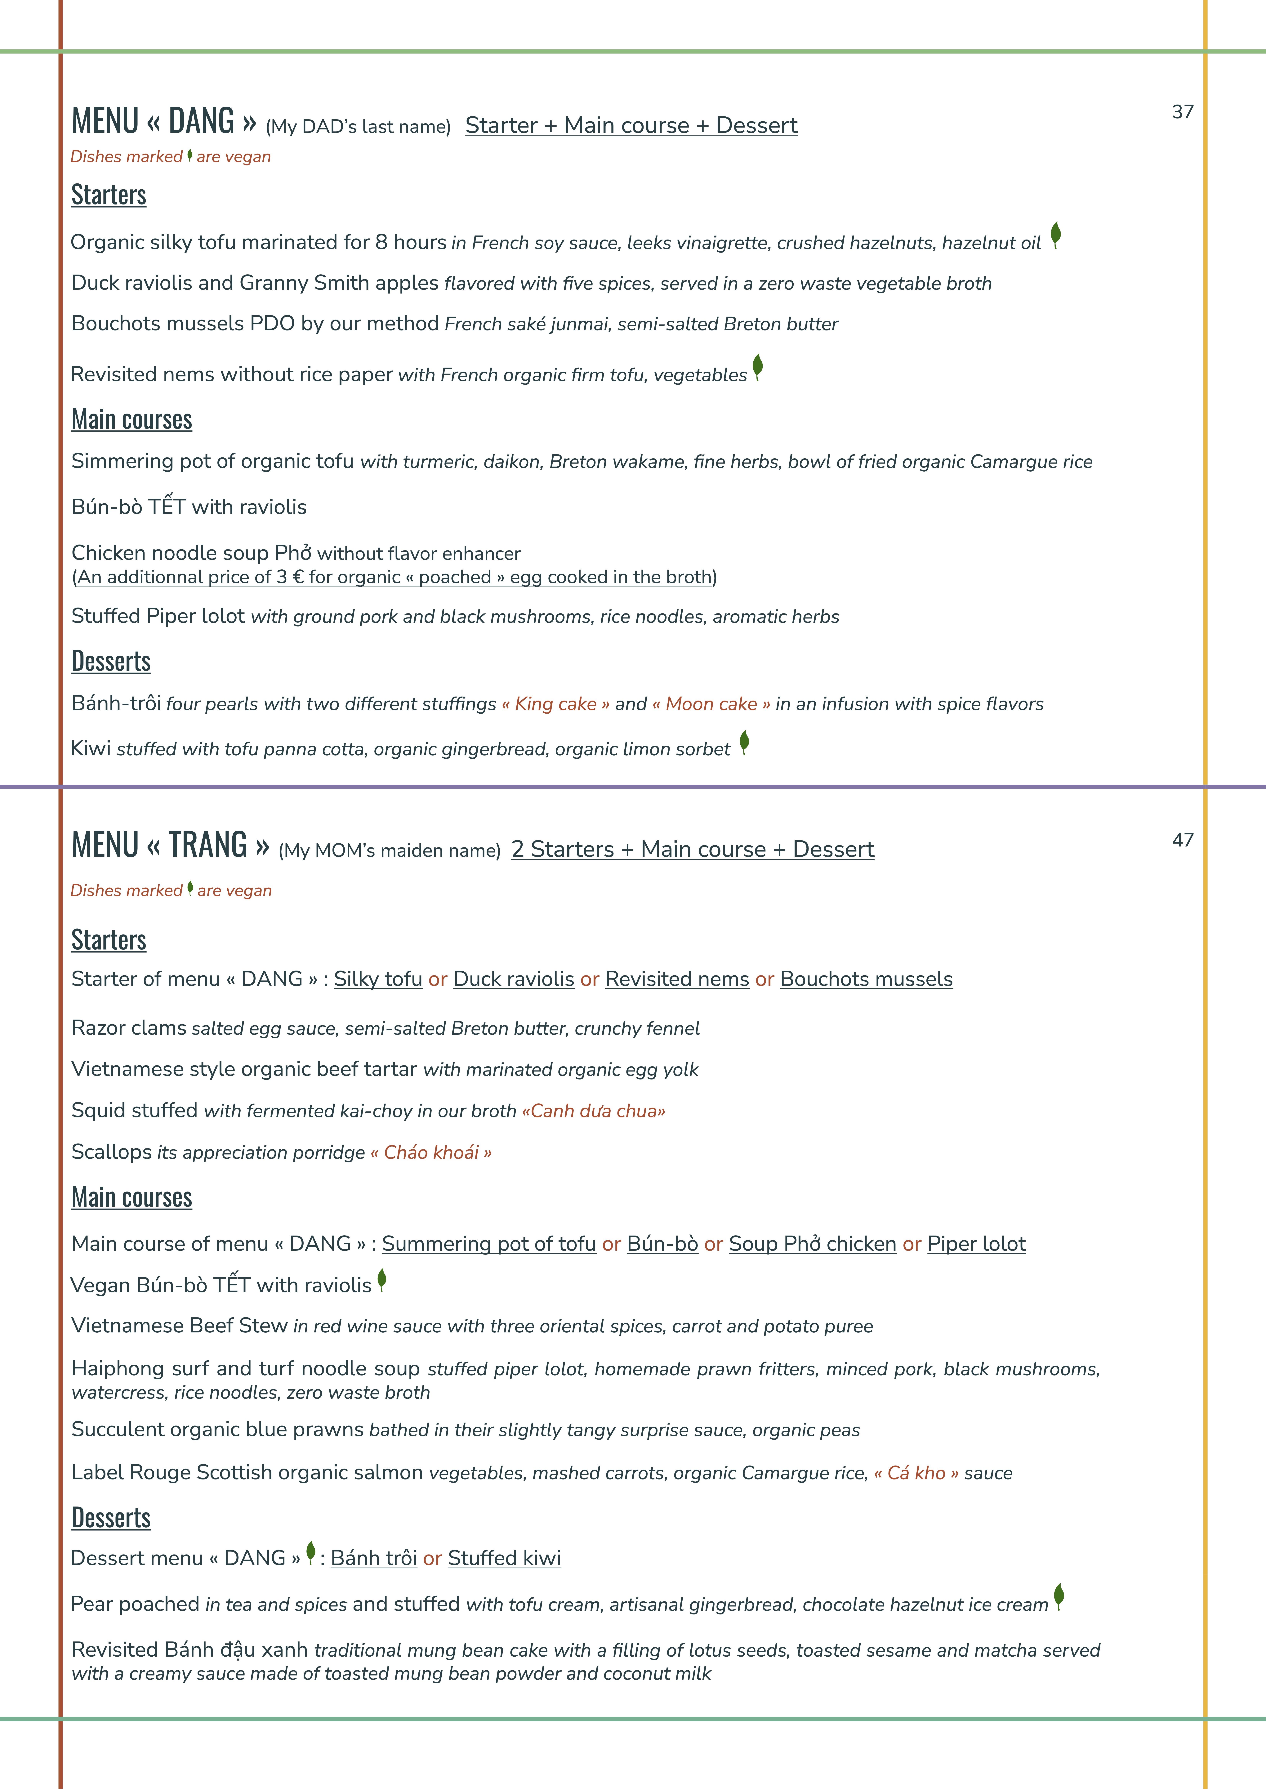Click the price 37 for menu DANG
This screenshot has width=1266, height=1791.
tap(1183, 112)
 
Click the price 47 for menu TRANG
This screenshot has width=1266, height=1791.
tap(1183, 840)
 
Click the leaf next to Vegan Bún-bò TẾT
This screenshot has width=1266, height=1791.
tap(381, 1279)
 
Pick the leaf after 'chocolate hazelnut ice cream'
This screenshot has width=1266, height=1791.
tap(1059, 1596)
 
